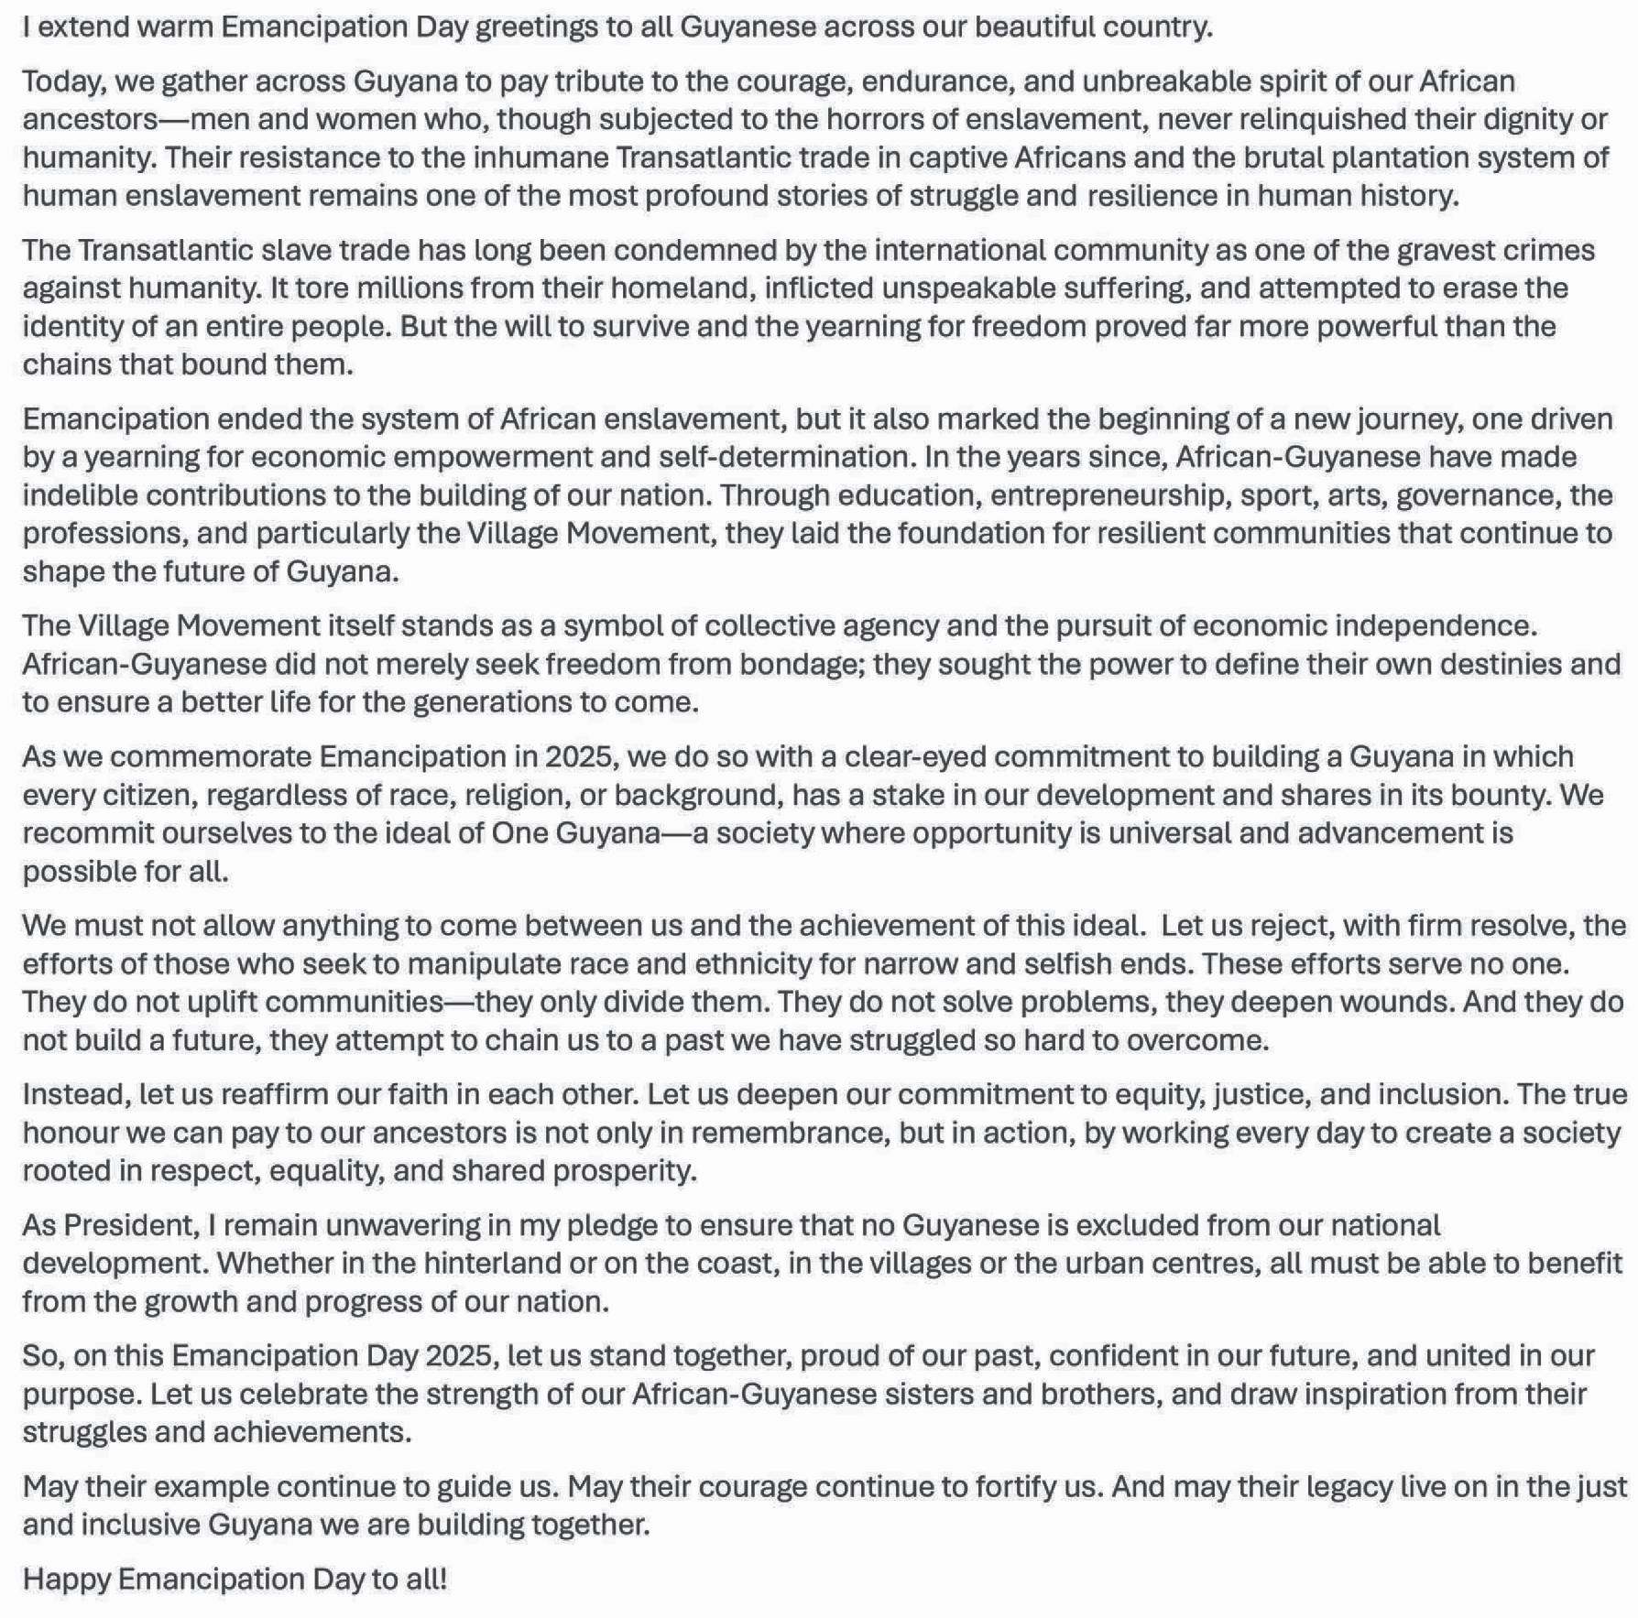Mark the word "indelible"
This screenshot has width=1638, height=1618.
pos(80,495)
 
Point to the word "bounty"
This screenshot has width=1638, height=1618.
pos(1499,795)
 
